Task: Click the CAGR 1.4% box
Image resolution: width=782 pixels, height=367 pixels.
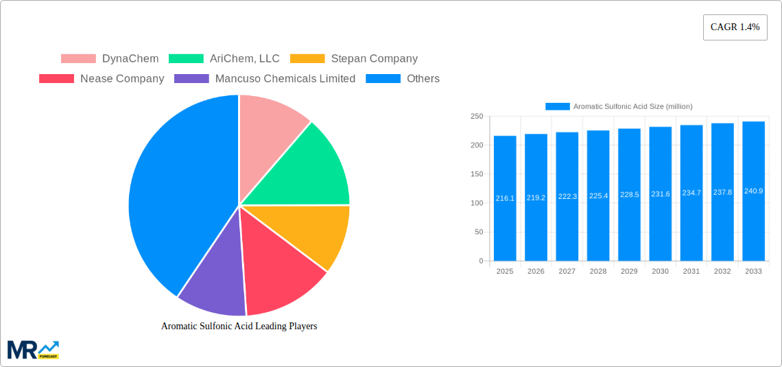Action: point(735,27)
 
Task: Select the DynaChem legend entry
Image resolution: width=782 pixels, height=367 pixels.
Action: point(110,59)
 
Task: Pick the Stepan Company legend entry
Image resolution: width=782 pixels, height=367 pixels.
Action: point(353,59)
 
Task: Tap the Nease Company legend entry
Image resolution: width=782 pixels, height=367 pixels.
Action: point(102,79)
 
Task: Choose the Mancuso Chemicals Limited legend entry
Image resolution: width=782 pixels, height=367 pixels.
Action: point(265,79)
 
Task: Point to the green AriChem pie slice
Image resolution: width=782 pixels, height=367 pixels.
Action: point(309,171)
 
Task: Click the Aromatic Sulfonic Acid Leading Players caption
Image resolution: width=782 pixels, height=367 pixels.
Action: point(239,327)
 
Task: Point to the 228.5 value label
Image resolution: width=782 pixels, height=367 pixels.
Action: point(629,195)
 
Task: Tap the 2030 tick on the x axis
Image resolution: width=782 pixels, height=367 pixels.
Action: point(660,272)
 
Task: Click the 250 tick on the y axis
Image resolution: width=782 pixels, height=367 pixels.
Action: point(476,117)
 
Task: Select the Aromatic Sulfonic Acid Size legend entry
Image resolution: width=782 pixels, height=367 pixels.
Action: point(619,106)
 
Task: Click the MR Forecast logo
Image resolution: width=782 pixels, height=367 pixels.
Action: point(33,350)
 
